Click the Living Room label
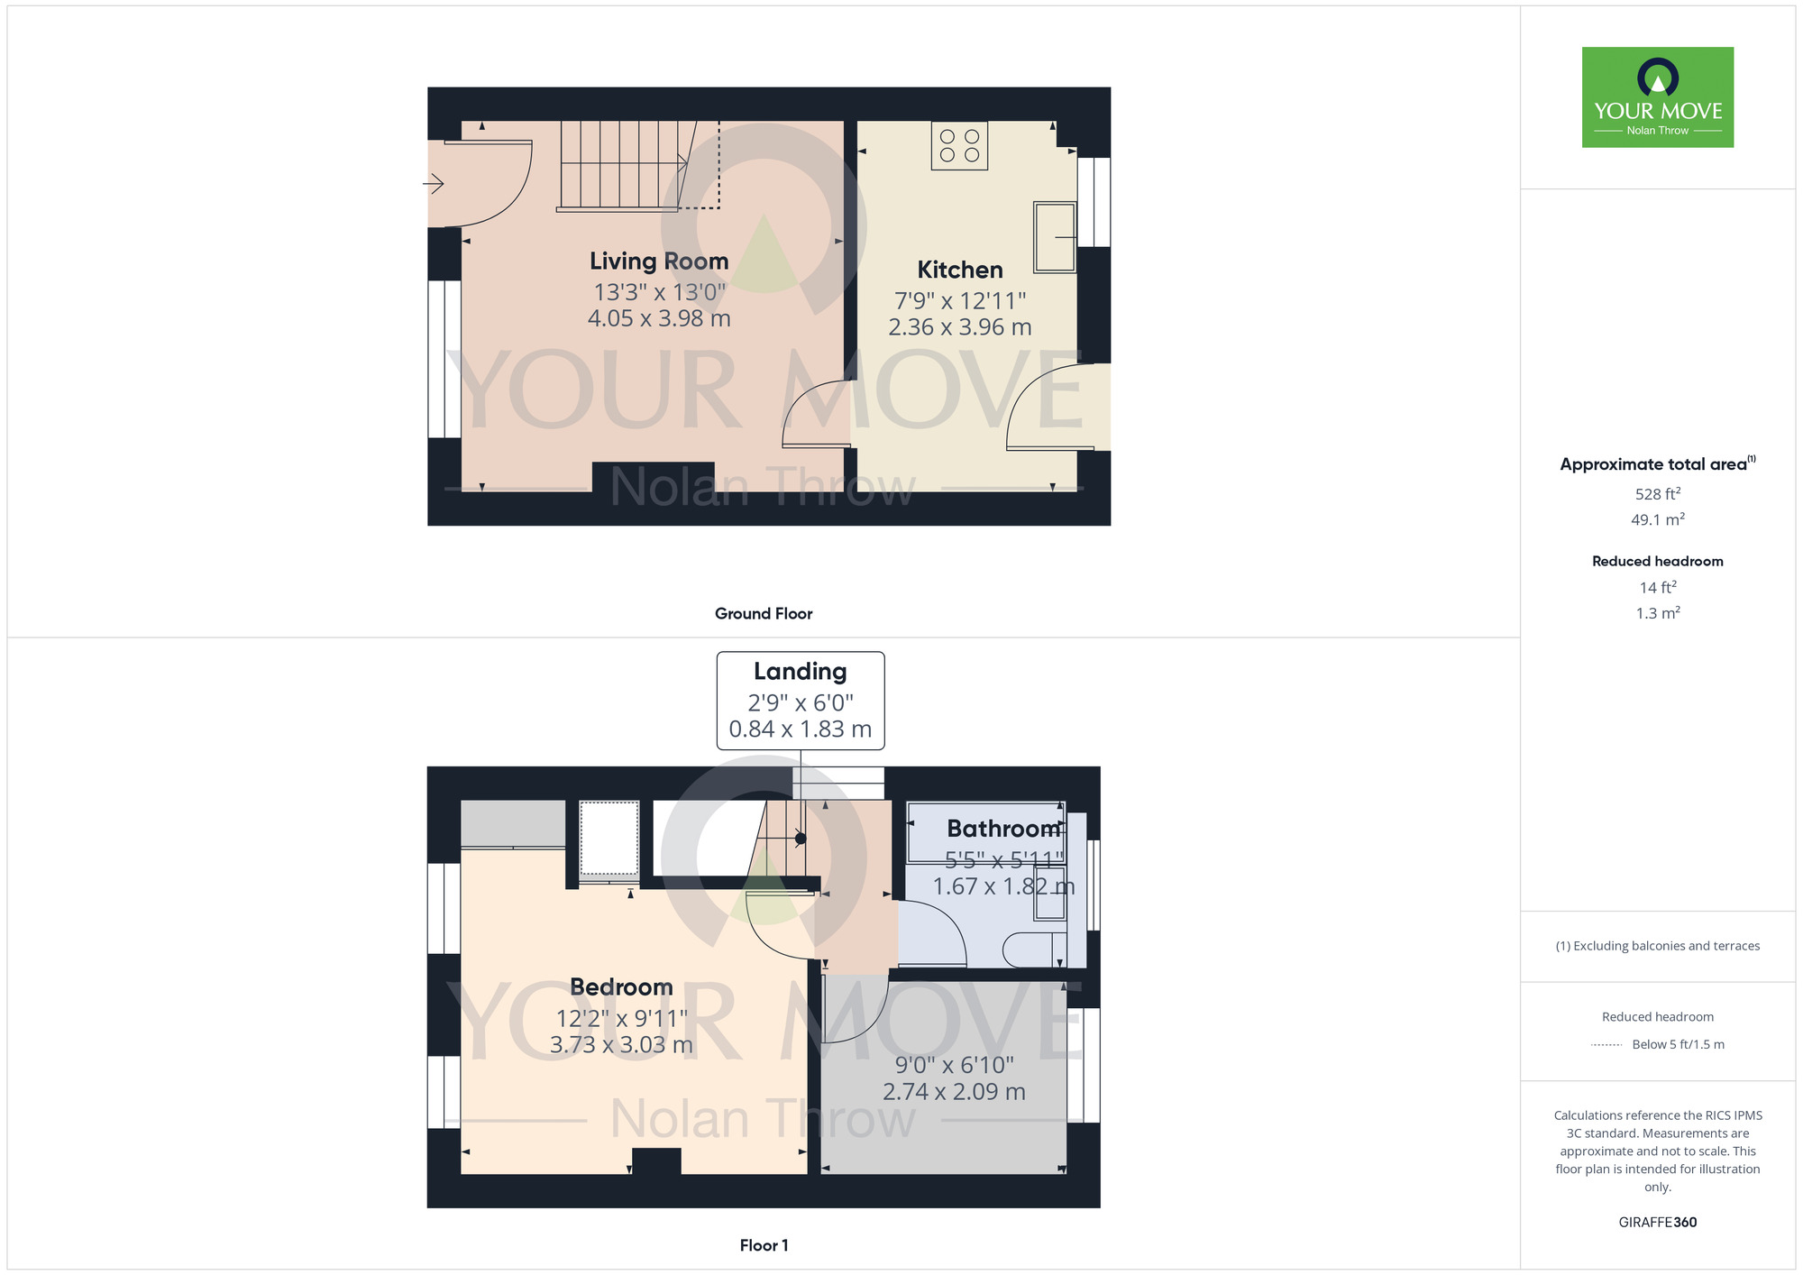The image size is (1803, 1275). (659, 261)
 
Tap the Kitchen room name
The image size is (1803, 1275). (959, 270)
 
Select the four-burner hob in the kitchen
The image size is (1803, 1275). (959, 146)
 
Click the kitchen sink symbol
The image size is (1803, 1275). (1054, 237)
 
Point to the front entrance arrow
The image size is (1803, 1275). (434, 185)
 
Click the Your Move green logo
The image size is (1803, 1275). (1657, 97)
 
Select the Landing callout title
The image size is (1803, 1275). (800, 672)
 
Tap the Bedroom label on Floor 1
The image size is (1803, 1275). (621, 987)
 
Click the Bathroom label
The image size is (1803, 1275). (1002, 829)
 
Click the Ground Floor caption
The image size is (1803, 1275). (764, 614)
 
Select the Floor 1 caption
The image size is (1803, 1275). (764, 1245)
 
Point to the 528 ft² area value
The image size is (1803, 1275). (1657, 494)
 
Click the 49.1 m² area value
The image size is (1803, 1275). (1657, 520)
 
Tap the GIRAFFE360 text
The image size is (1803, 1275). (1657, 1223)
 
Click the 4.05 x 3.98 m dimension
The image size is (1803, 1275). (659, 318)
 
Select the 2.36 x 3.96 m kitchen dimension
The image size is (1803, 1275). (959, 327)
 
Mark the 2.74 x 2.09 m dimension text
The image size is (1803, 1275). (954, 1092)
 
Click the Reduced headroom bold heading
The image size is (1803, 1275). (1657, 561)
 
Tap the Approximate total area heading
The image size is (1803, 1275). (1653, 464)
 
